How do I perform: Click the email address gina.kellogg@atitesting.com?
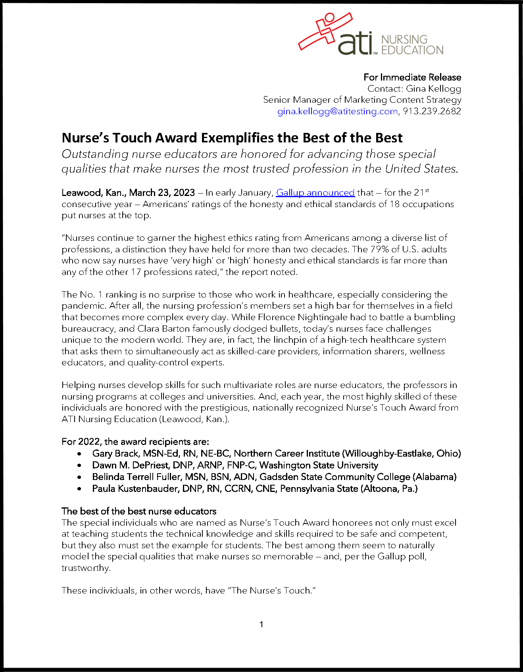337,111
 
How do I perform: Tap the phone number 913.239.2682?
432,111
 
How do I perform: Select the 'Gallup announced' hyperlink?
315,193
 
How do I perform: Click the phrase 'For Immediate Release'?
412,77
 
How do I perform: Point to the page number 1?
261,624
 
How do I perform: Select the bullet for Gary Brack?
80,454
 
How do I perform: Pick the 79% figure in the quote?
379,250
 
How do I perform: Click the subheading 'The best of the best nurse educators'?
139,511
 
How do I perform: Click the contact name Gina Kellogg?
433,89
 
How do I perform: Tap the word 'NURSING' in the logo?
404,40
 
